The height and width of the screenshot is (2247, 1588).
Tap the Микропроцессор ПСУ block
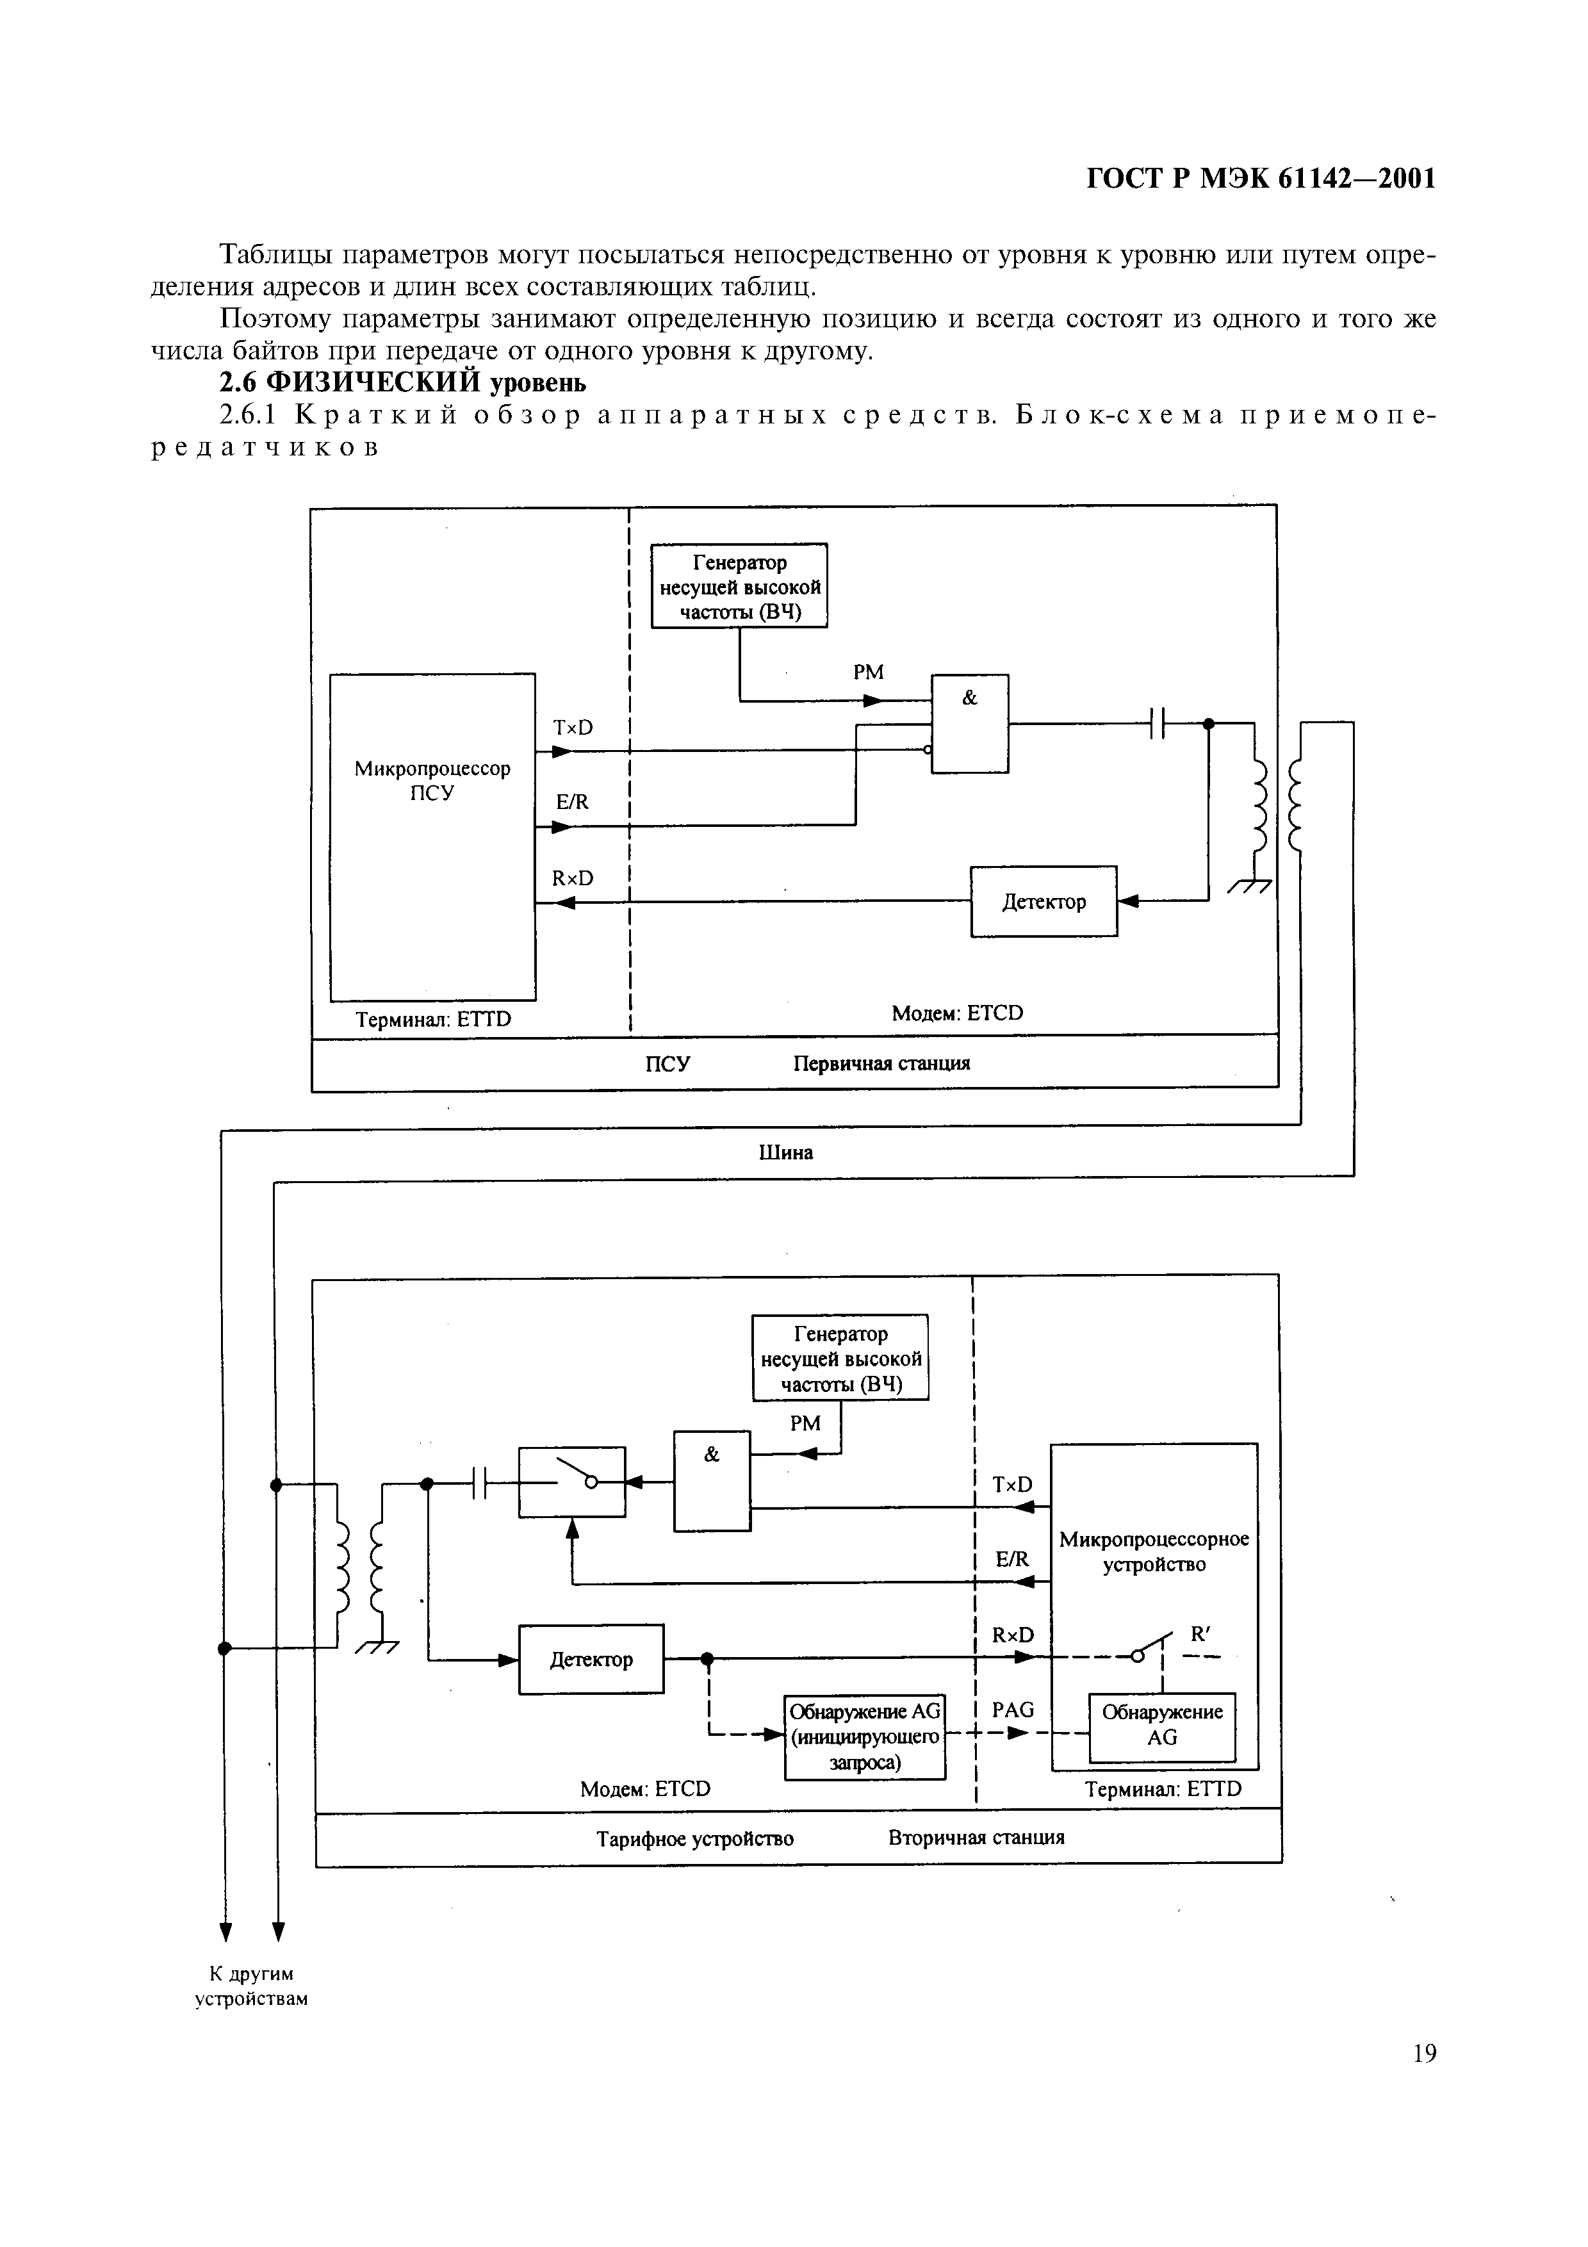[432, 837]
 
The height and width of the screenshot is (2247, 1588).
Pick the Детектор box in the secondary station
[591, 1659]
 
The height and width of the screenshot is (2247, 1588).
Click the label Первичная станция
[881, 1063]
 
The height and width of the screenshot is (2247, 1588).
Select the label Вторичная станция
[976, 1837]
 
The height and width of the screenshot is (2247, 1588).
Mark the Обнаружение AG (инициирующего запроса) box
[865, 1736]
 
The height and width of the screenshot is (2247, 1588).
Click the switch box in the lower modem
[571, 1482]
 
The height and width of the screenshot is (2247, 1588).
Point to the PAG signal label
[1013, 1710]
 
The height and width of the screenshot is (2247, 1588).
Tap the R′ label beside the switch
[1200, 1633]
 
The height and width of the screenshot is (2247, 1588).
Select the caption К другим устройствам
[252, 1986]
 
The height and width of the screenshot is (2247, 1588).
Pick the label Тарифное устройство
[694, 1838]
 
